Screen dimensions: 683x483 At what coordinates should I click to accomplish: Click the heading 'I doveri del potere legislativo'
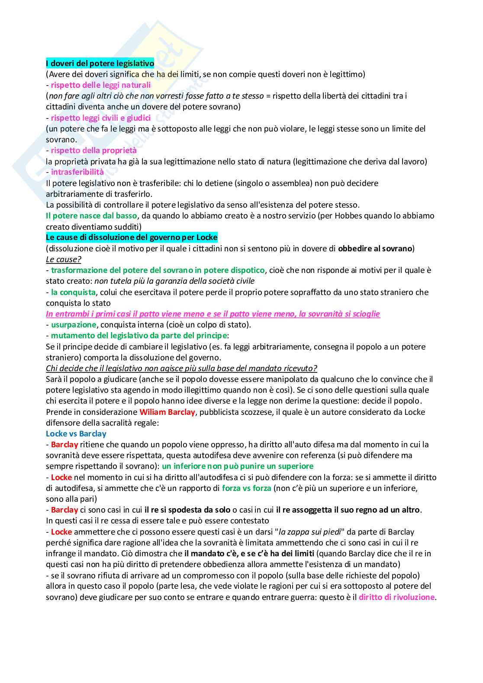pos(100,64)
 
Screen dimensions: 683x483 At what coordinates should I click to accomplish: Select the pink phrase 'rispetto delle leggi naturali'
pos(101,85)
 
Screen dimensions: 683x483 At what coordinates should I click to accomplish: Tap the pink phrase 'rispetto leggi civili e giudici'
pos(101,118)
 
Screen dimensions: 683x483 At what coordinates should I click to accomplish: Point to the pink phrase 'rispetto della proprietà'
pos(93,151)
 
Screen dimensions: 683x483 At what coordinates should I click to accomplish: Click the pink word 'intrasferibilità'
pos(77,172)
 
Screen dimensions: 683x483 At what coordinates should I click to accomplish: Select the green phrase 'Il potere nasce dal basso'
pos(91,216)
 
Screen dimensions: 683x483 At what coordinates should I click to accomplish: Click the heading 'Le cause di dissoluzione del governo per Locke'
pos(132,237)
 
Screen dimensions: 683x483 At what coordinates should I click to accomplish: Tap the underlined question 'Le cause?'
pos(64,260)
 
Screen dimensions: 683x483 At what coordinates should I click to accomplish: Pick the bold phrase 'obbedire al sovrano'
pos(375,249)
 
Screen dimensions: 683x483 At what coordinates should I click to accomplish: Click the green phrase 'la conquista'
pos(73,292)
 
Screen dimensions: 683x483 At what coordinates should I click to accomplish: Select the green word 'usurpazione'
pos(74,325)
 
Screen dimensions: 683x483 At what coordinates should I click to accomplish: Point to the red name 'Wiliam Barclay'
pos(167,412)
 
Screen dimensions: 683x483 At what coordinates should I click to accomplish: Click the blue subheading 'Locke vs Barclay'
pos(76,434)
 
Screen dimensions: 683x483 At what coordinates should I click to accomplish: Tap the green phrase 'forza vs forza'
pos(247,488)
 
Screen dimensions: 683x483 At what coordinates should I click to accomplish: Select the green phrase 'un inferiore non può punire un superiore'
pos(238,466)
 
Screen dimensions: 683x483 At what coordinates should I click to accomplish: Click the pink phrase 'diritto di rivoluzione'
pos(396,597)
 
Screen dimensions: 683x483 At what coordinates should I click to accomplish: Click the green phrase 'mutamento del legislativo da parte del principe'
pos(139,336)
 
